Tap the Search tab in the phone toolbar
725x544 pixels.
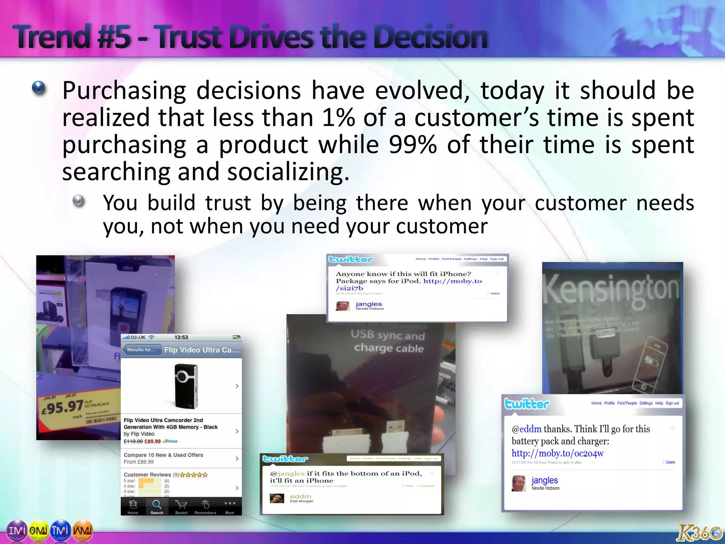click(x=157, y=506)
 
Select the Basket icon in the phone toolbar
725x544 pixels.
click(x=181, y=506)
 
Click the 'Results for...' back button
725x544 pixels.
click(x=141, y=350)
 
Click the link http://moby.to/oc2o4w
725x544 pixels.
click(x=557, y=453)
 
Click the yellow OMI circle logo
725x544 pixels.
click(x=39, y=530)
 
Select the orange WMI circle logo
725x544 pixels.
click(x=82, y=530)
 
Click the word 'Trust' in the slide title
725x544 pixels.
click(x=192, y=37)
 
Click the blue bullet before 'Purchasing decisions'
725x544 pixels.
click(x=39, y=88)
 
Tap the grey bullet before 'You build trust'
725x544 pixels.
click(x=79, y=201)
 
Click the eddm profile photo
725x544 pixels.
click(x=276, y=498)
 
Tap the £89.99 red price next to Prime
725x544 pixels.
click(x=153, y=441)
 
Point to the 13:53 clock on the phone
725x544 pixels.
click(x=181, y=337)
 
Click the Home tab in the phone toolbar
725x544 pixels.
click(x=133, y=506)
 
